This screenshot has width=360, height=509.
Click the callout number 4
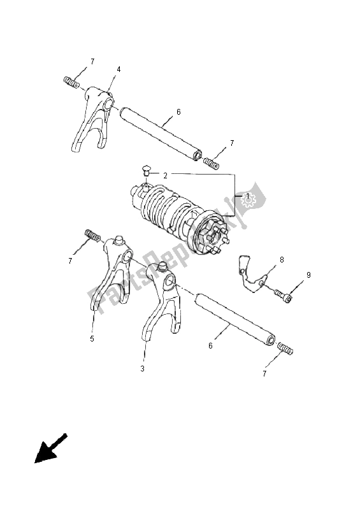click(119, 69)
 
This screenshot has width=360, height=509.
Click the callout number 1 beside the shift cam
click(247, 196)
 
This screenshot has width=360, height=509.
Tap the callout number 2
click(165, 176)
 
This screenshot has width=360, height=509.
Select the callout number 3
click(142, 369)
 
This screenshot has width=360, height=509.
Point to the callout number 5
click(92, 338)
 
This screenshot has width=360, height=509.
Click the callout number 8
click(282, 260)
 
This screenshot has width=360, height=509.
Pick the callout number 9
click(308, 275)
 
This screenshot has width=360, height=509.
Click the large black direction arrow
click(50, 448)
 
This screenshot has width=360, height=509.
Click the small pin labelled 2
click(147, 170)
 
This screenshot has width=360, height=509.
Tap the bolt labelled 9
click(282, 295)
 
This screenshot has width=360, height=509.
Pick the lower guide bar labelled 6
click(236, 320)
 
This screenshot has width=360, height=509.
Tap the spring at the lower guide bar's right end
click(285, 348)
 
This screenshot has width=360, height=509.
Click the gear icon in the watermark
click(248, 201)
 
